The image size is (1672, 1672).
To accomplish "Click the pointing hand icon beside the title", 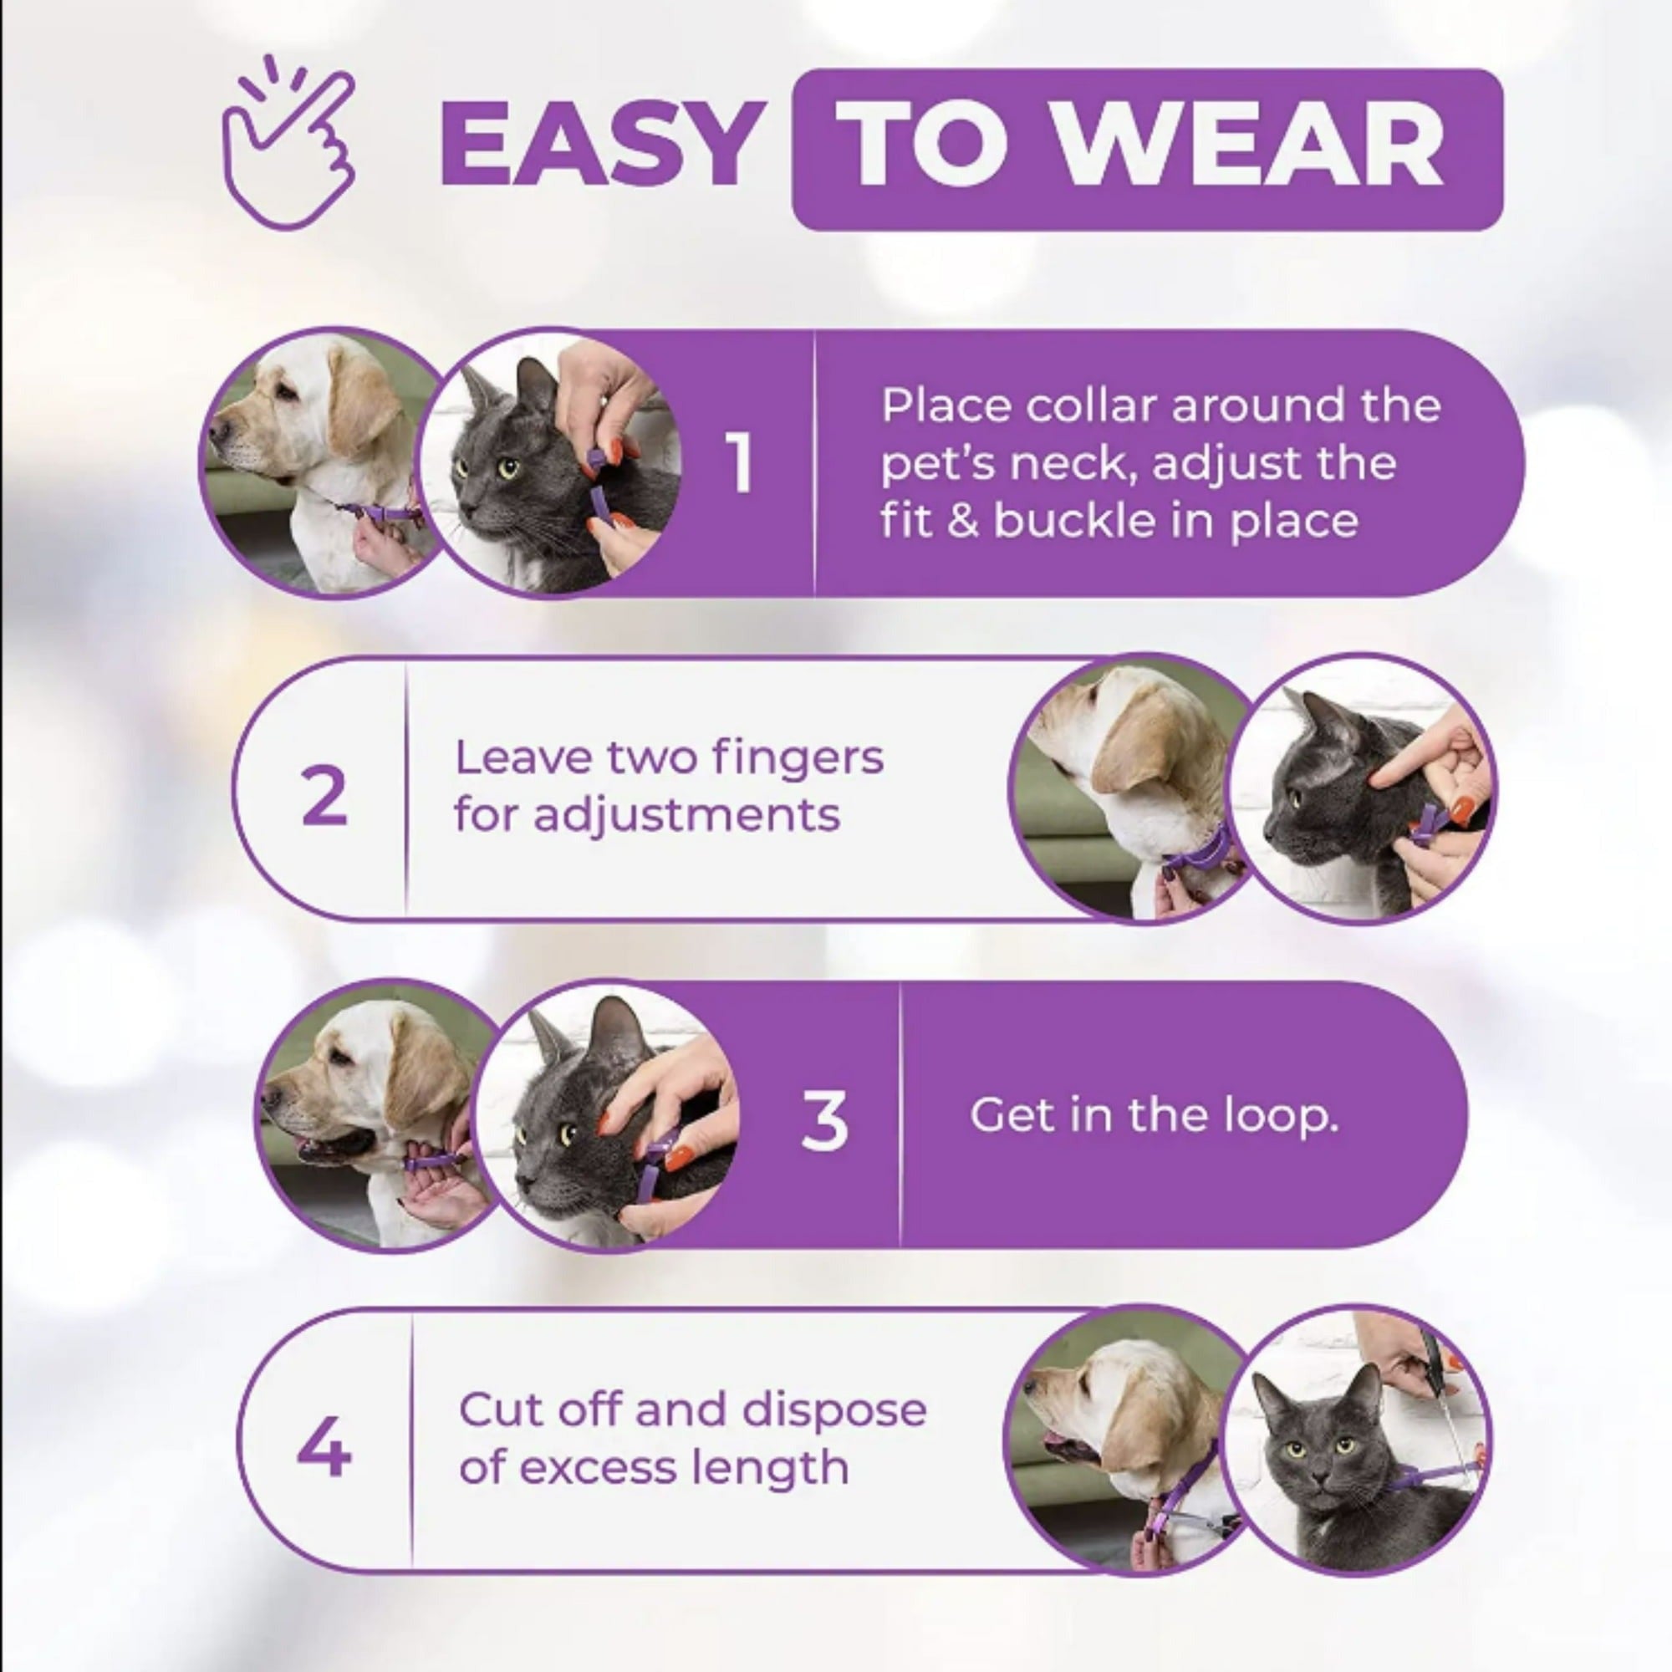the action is coord(288,145).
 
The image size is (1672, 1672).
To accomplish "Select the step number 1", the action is coord(740,464).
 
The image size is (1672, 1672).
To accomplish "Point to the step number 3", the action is coord(824,1121).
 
